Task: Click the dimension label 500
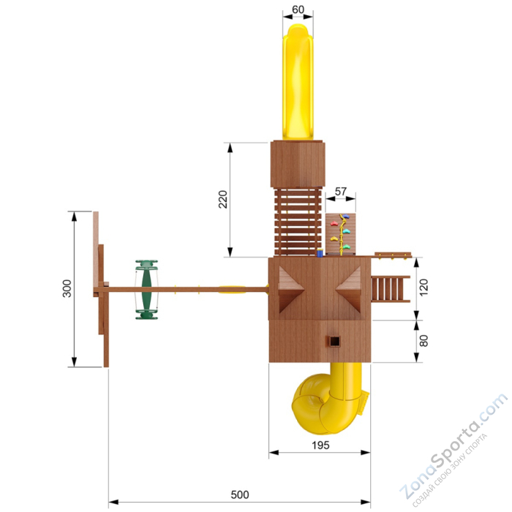(240, 494)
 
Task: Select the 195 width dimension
(320, 445)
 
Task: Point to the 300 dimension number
(67, 288)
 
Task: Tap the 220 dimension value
(223, 199)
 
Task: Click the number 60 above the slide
(298, 10)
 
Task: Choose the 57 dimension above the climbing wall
(341, 192)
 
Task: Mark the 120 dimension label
(423, 287)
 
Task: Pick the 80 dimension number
(423, 341)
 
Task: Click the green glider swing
(146, 290)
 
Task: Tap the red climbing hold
(334, 224)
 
